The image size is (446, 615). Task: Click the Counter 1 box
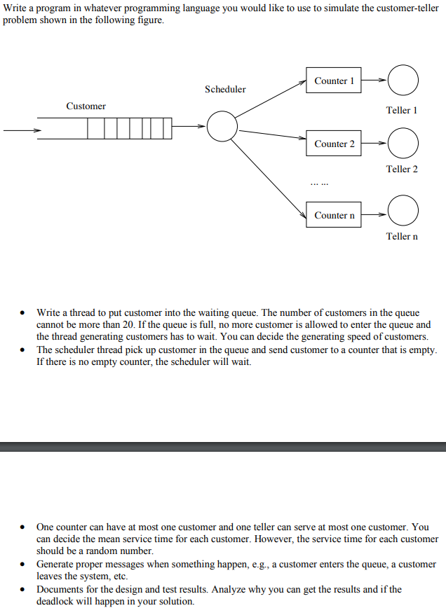[334, 81]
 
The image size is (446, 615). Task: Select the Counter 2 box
[334, 144]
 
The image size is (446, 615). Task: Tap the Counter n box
[334, 215]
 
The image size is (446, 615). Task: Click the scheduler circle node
[223, 126]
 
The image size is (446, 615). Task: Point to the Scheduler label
[225, 89]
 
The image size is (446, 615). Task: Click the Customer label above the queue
[86, 106]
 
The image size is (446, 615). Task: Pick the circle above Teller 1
[403, 81]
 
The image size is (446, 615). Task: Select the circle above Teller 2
[403, 144]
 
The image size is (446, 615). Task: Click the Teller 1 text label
[402, 110]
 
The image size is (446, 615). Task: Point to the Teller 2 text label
[402, 169]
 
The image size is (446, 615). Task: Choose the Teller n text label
[402, 236]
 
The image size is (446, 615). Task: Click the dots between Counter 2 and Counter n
[319, 184]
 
